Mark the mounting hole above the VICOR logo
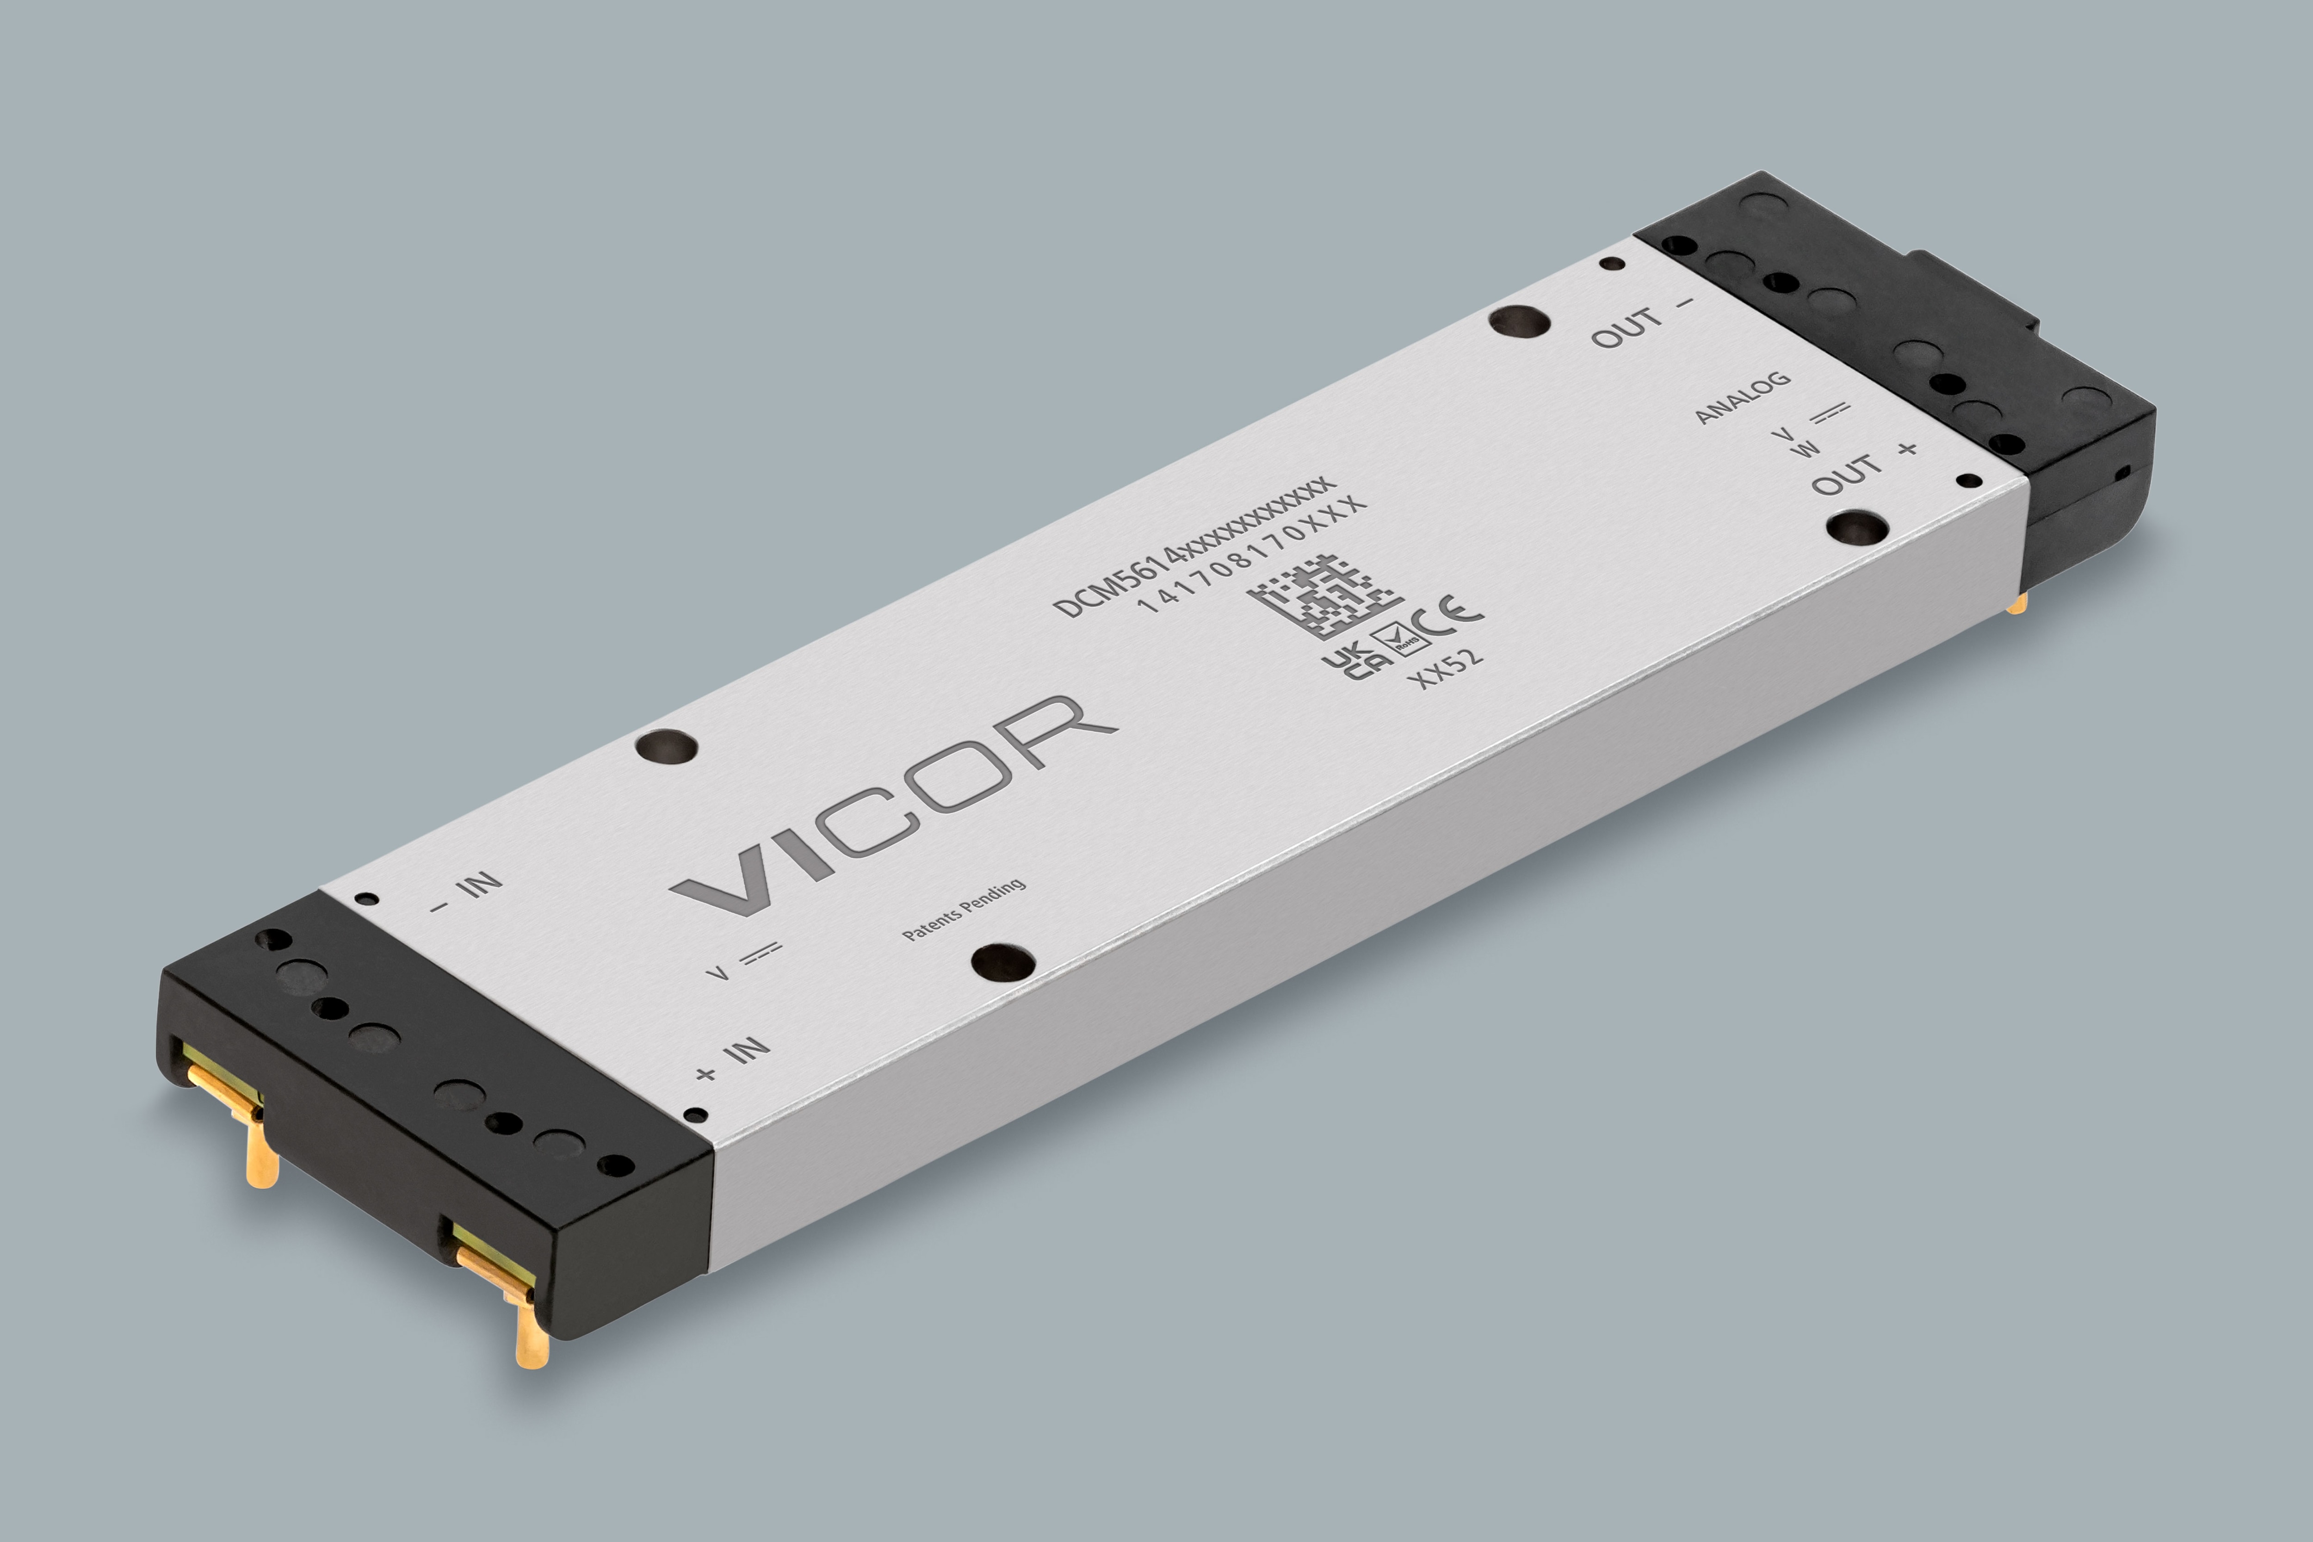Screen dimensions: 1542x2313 pos(667,744)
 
